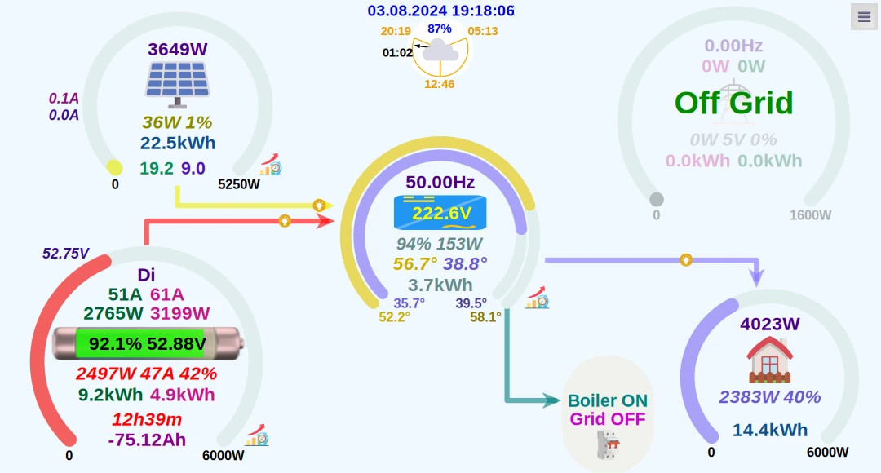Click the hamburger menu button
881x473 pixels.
864,17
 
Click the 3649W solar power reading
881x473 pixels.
178,49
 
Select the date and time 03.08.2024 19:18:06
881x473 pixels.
440,11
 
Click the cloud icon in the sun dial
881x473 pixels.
440,51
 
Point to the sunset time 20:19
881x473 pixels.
395,31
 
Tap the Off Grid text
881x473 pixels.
733,103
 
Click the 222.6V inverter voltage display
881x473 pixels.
440,214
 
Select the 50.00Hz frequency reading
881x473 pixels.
440,182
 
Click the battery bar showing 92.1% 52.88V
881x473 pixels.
148,344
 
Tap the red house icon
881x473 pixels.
769,360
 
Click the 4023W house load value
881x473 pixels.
769,324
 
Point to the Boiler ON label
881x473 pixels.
608,401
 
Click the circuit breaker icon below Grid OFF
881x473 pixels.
608,444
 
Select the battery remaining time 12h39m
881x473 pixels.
147,420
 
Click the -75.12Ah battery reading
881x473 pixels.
147,440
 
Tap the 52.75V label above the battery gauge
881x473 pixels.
66,254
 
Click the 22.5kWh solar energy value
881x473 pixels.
177,144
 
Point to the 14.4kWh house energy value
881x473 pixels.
769,430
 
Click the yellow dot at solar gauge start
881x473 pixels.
115,168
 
